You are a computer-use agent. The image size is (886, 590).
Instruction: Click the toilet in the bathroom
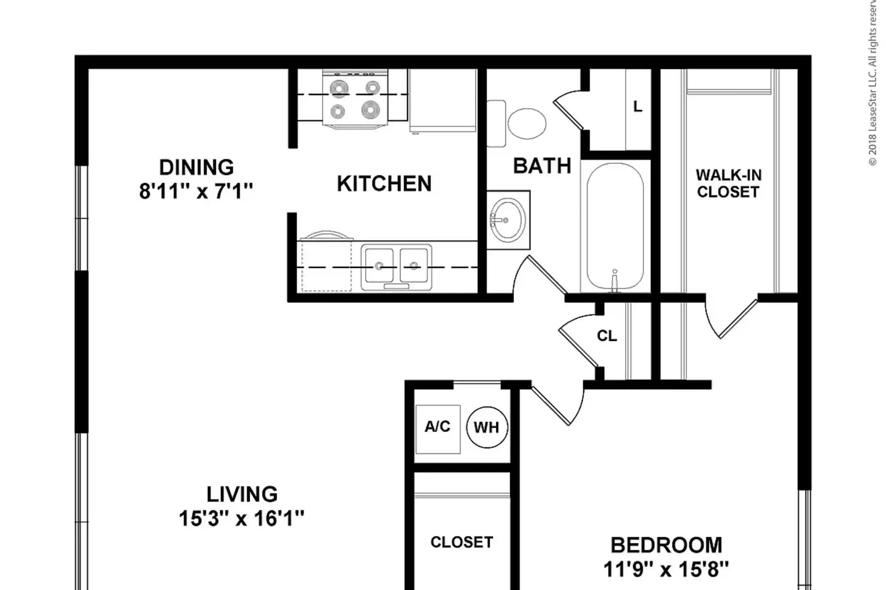517,123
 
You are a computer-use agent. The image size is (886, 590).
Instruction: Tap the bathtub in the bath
615,227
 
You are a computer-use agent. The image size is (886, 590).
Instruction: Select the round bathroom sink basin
508,220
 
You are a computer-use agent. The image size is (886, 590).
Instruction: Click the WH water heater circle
487,427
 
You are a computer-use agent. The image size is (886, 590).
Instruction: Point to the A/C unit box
438,429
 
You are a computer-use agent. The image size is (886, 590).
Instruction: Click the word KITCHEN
384,184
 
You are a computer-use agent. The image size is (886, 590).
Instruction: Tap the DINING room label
196,167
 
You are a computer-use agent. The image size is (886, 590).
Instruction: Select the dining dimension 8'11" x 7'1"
196,191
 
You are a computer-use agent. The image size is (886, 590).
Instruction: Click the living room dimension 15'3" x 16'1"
242,518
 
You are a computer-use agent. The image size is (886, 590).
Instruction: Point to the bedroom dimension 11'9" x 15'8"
666,569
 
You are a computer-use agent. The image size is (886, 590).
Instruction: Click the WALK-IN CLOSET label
728,183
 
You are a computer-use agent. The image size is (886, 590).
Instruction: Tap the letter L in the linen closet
637,107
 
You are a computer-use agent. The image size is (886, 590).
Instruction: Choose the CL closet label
607,336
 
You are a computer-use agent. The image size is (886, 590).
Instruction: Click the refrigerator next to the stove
443,100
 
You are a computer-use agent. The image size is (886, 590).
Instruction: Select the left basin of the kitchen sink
379,265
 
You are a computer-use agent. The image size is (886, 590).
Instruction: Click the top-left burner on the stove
339,88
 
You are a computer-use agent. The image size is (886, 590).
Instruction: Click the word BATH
542,166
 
